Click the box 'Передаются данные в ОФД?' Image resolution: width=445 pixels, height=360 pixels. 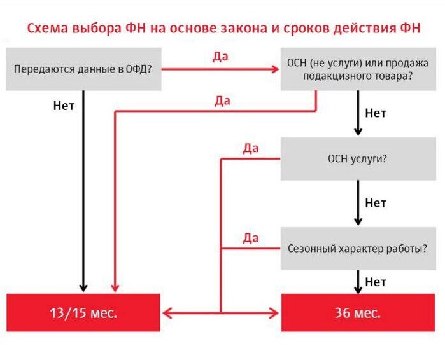84,69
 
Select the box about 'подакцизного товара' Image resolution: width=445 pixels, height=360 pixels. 358,69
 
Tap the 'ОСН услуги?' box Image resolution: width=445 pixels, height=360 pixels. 358,159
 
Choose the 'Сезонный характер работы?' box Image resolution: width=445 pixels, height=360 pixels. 358,249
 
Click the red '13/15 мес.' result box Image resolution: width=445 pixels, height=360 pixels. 83,313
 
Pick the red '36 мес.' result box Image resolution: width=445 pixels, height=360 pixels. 358,313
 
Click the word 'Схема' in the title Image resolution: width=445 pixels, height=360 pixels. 48,29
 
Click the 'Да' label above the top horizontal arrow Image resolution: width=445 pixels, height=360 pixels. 220,57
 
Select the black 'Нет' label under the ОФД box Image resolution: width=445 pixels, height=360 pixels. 64,106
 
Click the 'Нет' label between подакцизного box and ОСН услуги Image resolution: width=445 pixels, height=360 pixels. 376,113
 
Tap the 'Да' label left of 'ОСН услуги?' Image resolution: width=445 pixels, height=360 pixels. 251,149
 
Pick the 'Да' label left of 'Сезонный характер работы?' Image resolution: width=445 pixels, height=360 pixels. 251,239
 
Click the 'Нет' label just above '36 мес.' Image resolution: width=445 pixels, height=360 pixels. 376,282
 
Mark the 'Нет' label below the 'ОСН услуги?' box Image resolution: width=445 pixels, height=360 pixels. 376,203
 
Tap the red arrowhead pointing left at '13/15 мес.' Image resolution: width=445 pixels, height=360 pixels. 167,313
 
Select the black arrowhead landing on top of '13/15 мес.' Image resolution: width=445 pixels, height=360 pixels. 83,288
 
